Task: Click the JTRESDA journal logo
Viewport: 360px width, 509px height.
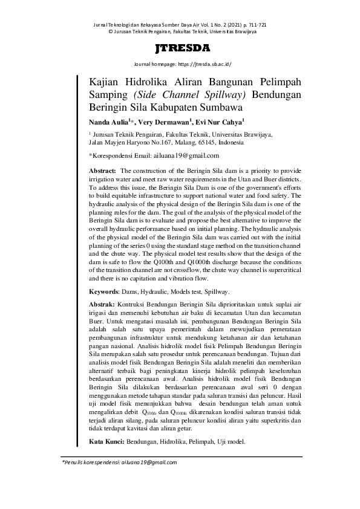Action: tap(182, 48)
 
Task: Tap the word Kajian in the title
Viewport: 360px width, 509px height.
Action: tap(105, 83)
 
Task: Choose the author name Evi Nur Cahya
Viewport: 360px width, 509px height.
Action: tap(220, 122)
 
